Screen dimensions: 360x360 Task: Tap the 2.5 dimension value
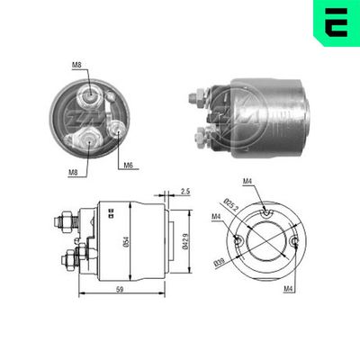pos(184,192)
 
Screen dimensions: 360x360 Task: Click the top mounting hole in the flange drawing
pos(266,210)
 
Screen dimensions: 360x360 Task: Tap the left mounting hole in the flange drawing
pos(237,241)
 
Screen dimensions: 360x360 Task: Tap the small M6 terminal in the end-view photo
pos(119,129)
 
